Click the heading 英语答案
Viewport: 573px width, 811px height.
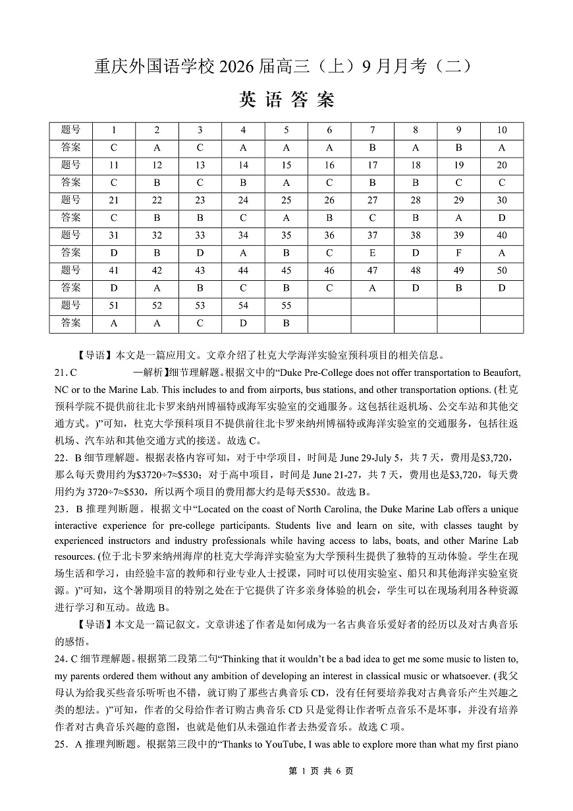(286, 100)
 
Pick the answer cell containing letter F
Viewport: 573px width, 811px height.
(458, 253)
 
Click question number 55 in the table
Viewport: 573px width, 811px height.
(286, 305)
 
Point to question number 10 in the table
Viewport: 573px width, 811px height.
(502, 130)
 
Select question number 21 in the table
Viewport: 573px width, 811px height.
(114, 200)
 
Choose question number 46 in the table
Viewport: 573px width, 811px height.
(329, 270)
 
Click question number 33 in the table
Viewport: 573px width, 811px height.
(200, 235)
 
